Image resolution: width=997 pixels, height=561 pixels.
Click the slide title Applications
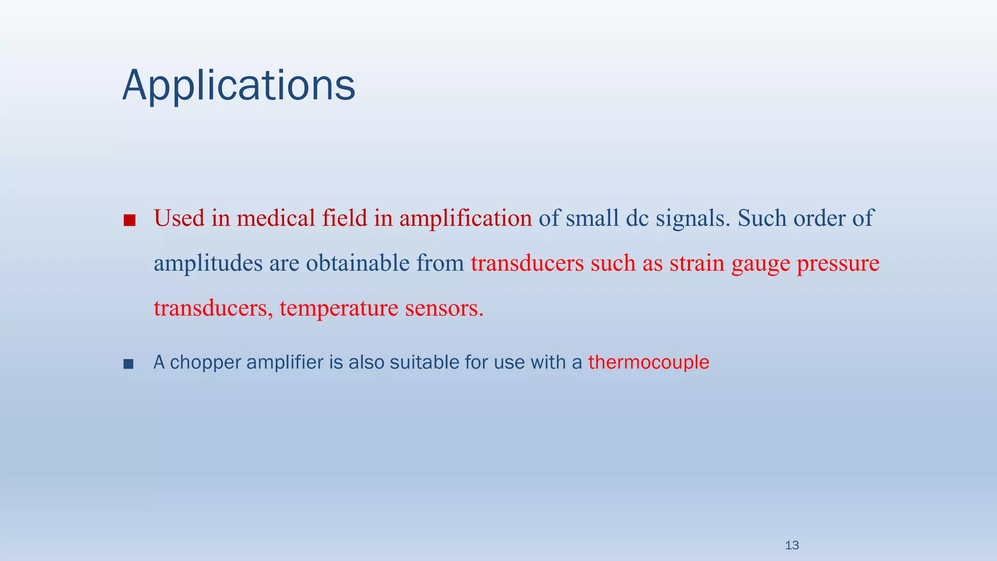click(x=239, y=86)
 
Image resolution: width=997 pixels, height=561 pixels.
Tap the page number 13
click(x=792, y=545)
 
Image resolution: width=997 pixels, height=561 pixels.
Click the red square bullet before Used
click(x=129, y=221)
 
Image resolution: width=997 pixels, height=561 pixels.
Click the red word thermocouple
click(x=648, y=362)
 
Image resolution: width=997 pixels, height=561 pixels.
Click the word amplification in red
click(x=466, y=218)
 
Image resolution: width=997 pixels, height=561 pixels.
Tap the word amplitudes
click(x=208, y=263)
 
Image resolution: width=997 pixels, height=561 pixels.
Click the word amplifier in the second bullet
click(x=285, y=362)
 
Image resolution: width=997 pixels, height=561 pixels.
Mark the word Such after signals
click(x=762, y=218)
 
